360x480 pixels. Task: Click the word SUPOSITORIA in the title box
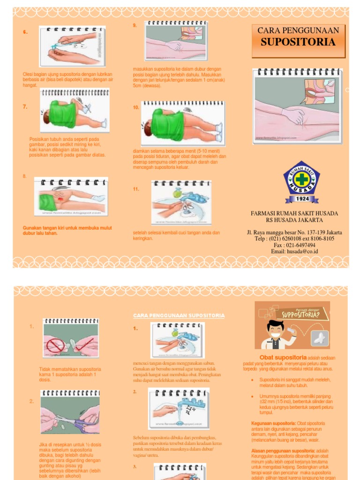[298, 42]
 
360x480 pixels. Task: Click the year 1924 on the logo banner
[301, 198]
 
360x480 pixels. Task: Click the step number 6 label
[25, 32]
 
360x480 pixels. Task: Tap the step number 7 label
[25, 107]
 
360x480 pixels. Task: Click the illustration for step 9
[176, 41]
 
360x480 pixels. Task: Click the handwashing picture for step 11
[181, 203]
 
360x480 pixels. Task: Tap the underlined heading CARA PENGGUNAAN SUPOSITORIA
[179, 315]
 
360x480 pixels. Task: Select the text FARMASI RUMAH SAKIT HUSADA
[294, 213]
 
